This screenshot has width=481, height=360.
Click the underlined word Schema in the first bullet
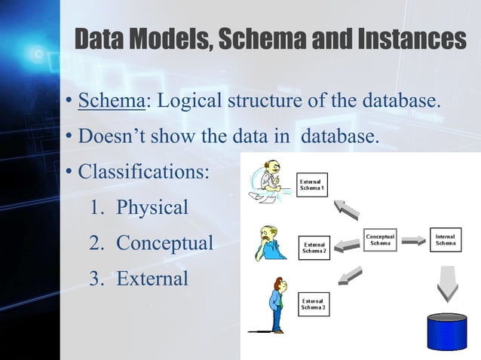112,101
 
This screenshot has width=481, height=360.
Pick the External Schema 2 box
314,247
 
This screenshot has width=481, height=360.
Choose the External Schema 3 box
314,304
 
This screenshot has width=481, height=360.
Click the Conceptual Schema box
381,240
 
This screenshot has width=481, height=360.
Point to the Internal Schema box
445,240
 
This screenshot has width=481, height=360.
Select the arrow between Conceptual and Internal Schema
413,241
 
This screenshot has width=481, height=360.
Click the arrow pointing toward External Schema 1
348,209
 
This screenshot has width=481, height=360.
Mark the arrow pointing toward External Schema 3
349,276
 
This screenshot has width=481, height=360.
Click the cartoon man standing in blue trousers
277,305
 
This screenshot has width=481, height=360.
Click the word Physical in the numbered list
152,207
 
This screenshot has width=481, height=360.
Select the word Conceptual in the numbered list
164,243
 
